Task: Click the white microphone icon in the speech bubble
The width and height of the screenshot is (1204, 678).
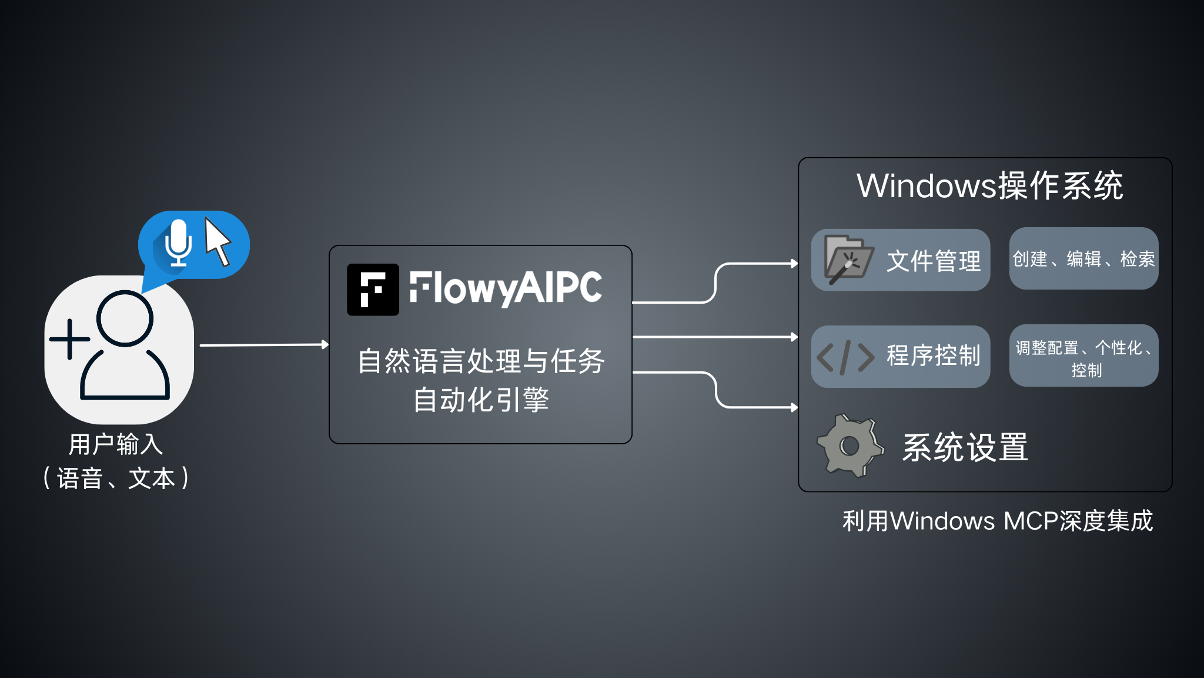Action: (178, 242)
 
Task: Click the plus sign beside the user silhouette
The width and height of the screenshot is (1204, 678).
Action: (70, 339)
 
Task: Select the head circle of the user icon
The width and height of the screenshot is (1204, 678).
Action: (125, 318)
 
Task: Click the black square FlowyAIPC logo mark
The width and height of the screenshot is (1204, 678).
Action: (373, 290)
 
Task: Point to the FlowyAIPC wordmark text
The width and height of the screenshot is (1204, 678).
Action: (506, 288)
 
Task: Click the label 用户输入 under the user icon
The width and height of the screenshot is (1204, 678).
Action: (116, 444)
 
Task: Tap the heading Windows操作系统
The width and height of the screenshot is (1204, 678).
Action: (989, 186)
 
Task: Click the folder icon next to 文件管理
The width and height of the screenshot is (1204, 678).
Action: (848, 260)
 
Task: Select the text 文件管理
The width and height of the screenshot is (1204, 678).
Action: (934, 261)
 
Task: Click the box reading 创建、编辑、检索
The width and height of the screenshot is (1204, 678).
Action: (1083, 259)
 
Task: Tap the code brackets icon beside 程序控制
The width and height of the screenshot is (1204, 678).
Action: (845, 357)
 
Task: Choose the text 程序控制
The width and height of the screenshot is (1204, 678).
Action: (934, 355)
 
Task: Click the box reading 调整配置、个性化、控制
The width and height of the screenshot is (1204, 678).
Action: (1083, 357)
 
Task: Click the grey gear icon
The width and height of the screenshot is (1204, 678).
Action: (850, 446)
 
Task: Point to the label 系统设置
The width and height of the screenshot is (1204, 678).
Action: (965, 447)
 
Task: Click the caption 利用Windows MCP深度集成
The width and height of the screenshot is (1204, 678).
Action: (998, 521)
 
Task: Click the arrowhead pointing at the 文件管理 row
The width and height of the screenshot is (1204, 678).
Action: (794, 264)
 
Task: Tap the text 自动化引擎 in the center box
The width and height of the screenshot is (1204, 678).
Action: (481, 400)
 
